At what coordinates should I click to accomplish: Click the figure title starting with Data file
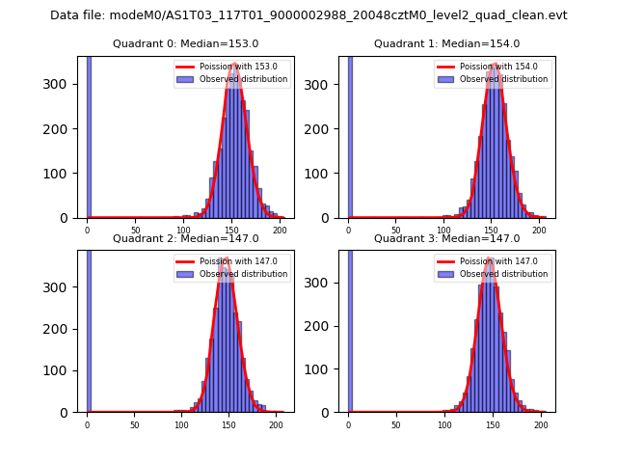(x=308, y=15)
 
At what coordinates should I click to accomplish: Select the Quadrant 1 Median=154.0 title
(x=446, y=43)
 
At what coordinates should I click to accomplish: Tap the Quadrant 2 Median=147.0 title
(x=185, y=238)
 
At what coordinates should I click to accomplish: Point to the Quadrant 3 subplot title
(x=446, y=238)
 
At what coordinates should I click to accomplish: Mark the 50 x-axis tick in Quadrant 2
(x=135, y=424)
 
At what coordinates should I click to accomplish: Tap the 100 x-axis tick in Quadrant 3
(x=444, y=424)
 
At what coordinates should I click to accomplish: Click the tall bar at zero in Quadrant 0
(x=88, y=135)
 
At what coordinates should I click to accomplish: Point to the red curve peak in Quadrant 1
(x=495, y=65)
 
